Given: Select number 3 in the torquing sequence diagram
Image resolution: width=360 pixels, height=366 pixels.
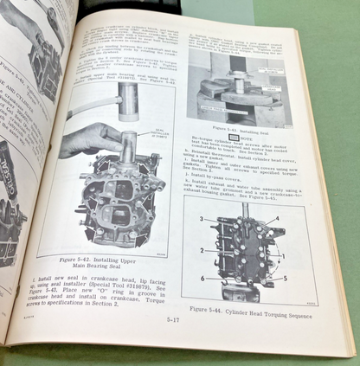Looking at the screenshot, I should click(201, 220).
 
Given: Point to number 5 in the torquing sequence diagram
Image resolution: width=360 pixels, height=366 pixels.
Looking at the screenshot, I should click(282, 279).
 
